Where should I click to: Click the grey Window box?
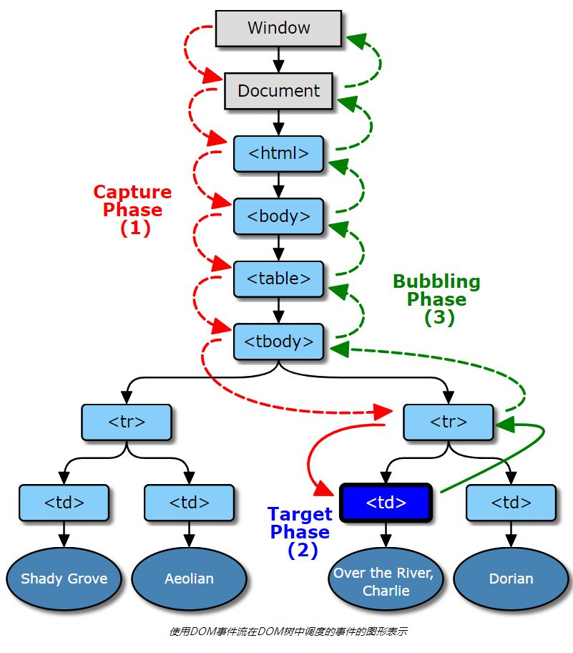pyautogui.click(x=279, y=28)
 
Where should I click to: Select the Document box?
pyautogui.click(x=279, y=91)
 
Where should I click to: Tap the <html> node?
pyautogui.click(x=279, y=153)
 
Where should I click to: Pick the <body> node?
pyautogui.click(x=279, y=216)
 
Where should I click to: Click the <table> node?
pyautogui.click(x=279, y=279)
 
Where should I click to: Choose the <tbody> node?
pyautogui.click(x=279, y=342)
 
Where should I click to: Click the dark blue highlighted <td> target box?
pyautogui.click(x=386, y=503)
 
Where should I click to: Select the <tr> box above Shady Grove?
pyautogui.click(x=127, y=422)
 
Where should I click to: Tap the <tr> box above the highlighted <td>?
pyautogui.click(x=449, y=422)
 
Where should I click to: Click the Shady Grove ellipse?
pyautogui.click(x=64, y=579)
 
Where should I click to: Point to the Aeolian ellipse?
pyautogui.click(x=189, y=579)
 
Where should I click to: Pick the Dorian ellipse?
pyautogui.click(x=511, y=579)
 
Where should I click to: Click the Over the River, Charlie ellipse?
pyautogui.click(x=386, y=581)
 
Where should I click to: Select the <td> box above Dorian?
pyautogui.click(x=511, y=503)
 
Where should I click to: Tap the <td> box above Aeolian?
pyautogui.click(x=189, y=503)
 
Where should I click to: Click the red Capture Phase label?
pyautogui.click(x=133, y=210)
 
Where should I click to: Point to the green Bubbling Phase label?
pyautogui.click(x=436, y=299)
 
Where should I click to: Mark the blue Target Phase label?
pyautogui.click(x=300, y=532)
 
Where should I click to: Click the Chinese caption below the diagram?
pyautogui.click(x=288, y=632)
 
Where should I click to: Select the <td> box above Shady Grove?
pyautogui.click(x=64, y=503)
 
